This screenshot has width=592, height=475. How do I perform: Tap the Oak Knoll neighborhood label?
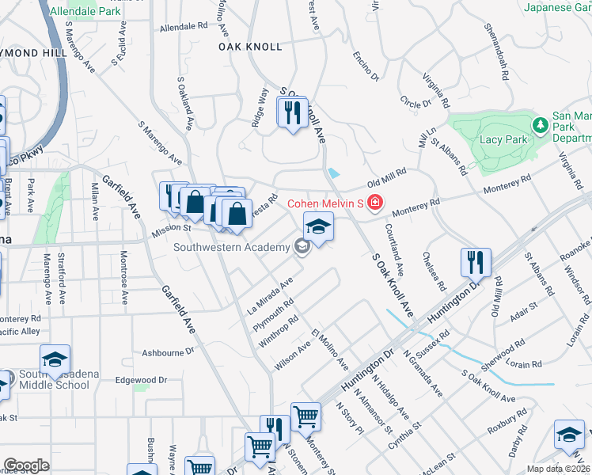(250, 47)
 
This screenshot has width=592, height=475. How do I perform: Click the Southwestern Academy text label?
(232, 248)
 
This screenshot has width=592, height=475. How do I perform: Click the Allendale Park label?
(83, 12)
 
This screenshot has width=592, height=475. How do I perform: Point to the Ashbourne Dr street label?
(168, 351)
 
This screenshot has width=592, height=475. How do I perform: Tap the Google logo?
(26, 465)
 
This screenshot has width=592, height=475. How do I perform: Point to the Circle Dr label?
(415, 102)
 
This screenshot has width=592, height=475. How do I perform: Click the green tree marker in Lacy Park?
(541, 126)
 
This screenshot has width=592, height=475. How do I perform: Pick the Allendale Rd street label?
(183, 26)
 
